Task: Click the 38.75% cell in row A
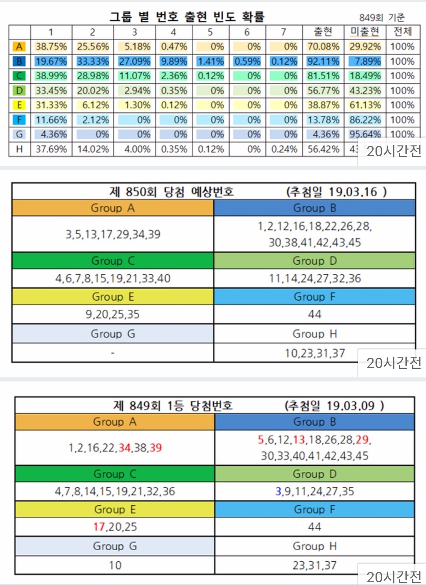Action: [x=51, y=47]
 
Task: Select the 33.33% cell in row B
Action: [x=93, y=62]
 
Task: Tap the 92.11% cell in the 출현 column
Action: [x=323, y=62]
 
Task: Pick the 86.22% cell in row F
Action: [x=365, y=120]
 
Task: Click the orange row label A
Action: [x=19, y=47]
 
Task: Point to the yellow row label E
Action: [x=19, y=105]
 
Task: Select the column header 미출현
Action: [x=365, y=32]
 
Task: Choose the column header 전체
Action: [x=402, y=32]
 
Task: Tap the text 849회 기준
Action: [x=381, y=17]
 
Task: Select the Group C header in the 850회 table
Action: [x=113, y=261]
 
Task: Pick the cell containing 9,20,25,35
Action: [x=112, y=314]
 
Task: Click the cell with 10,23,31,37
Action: [x=315, y=353]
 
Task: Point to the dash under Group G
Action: [x=113, y=353]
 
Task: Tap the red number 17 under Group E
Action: [x=99, y=527]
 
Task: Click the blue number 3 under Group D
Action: [x=278, y=491]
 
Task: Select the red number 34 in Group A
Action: [x=124, y=448]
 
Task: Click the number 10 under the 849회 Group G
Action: [x=115, y=565]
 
